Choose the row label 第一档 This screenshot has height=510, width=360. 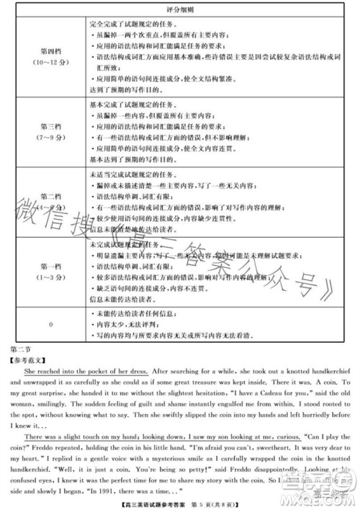point(52,266)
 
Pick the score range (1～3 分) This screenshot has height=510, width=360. point(52,277)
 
